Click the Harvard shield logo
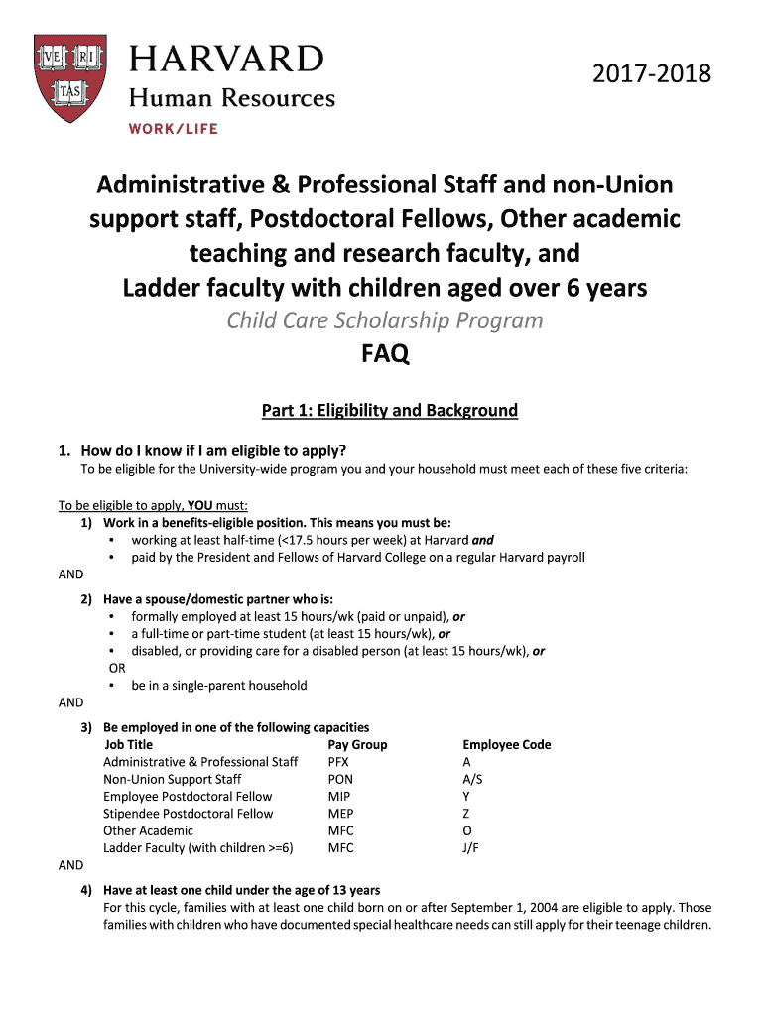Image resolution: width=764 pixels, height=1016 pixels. click(74, 79)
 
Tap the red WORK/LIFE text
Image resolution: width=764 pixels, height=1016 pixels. click(173, 129)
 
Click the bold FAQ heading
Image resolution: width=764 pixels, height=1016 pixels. click(383, 354)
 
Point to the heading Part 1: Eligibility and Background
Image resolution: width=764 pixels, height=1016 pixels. click(389, 410)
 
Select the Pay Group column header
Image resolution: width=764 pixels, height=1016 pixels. click(357, 744)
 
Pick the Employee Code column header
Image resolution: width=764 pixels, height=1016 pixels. click(506, 744)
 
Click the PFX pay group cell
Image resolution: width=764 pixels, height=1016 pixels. click(338, 762)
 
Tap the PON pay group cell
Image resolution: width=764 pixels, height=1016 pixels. click(340, 779)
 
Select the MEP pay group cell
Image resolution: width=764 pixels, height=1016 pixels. click(340, 814)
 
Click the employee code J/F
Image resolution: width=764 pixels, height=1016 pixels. click(471, 848)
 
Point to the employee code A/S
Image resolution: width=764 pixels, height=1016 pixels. click(472, 779)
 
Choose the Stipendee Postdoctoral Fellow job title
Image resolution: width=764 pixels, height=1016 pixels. click(188, 814)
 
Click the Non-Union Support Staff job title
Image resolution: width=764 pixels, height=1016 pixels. click(172, 779)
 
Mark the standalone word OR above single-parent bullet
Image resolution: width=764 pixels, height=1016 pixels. click(117, 668)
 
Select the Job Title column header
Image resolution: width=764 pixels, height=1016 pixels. click(128, 744)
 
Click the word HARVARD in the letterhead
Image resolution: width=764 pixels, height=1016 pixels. click(226, 58)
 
